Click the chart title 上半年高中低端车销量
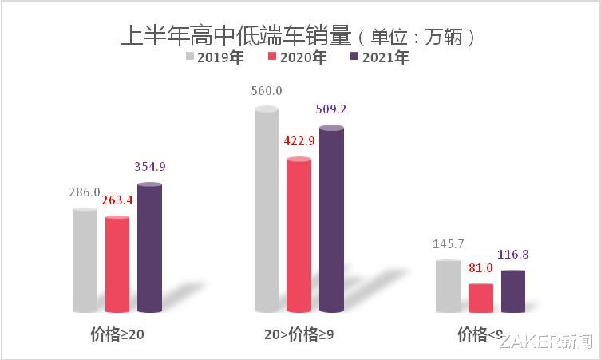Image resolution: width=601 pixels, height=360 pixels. click(x=235, y=36)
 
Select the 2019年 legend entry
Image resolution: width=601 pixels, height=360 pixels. click(x=215, y=57)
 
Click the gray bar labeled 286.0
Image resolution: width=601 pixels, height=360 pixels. click(x=85, y=260)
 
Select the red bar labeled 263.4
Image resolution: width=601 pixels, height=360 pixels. click(x=117, y=263)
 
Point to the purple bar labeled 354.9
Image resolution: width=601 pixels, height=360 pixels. click(x=149, y=247)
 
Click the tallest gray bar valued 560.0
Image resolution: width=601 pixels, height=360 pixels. click(x=266, y=209)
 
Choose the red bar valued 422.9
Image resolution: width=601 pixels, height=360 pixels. click(x=299, y=235)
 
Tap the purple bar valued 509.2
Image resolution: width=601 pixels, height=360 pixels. click(x=331, y=219)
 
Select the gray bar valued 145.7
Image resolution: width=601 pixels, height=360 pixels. click(x=448, y=285)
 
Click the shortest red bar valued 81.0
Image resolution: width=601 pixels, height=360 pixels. click(x=480, y=297)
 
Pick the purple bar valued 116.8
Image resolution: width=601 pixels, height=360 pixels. click(x=513, y=291)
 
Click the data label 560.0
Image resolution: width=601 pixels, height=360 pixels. click(x=266, y=91)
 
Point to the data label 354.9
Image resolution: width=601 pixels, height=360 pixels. click(x=149, y=166)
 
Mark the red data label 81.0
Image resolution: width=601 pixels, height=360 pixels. click(x=480, y=267)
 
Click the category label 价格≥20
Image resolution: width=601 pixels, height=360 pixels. click(x=117, y=335)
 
